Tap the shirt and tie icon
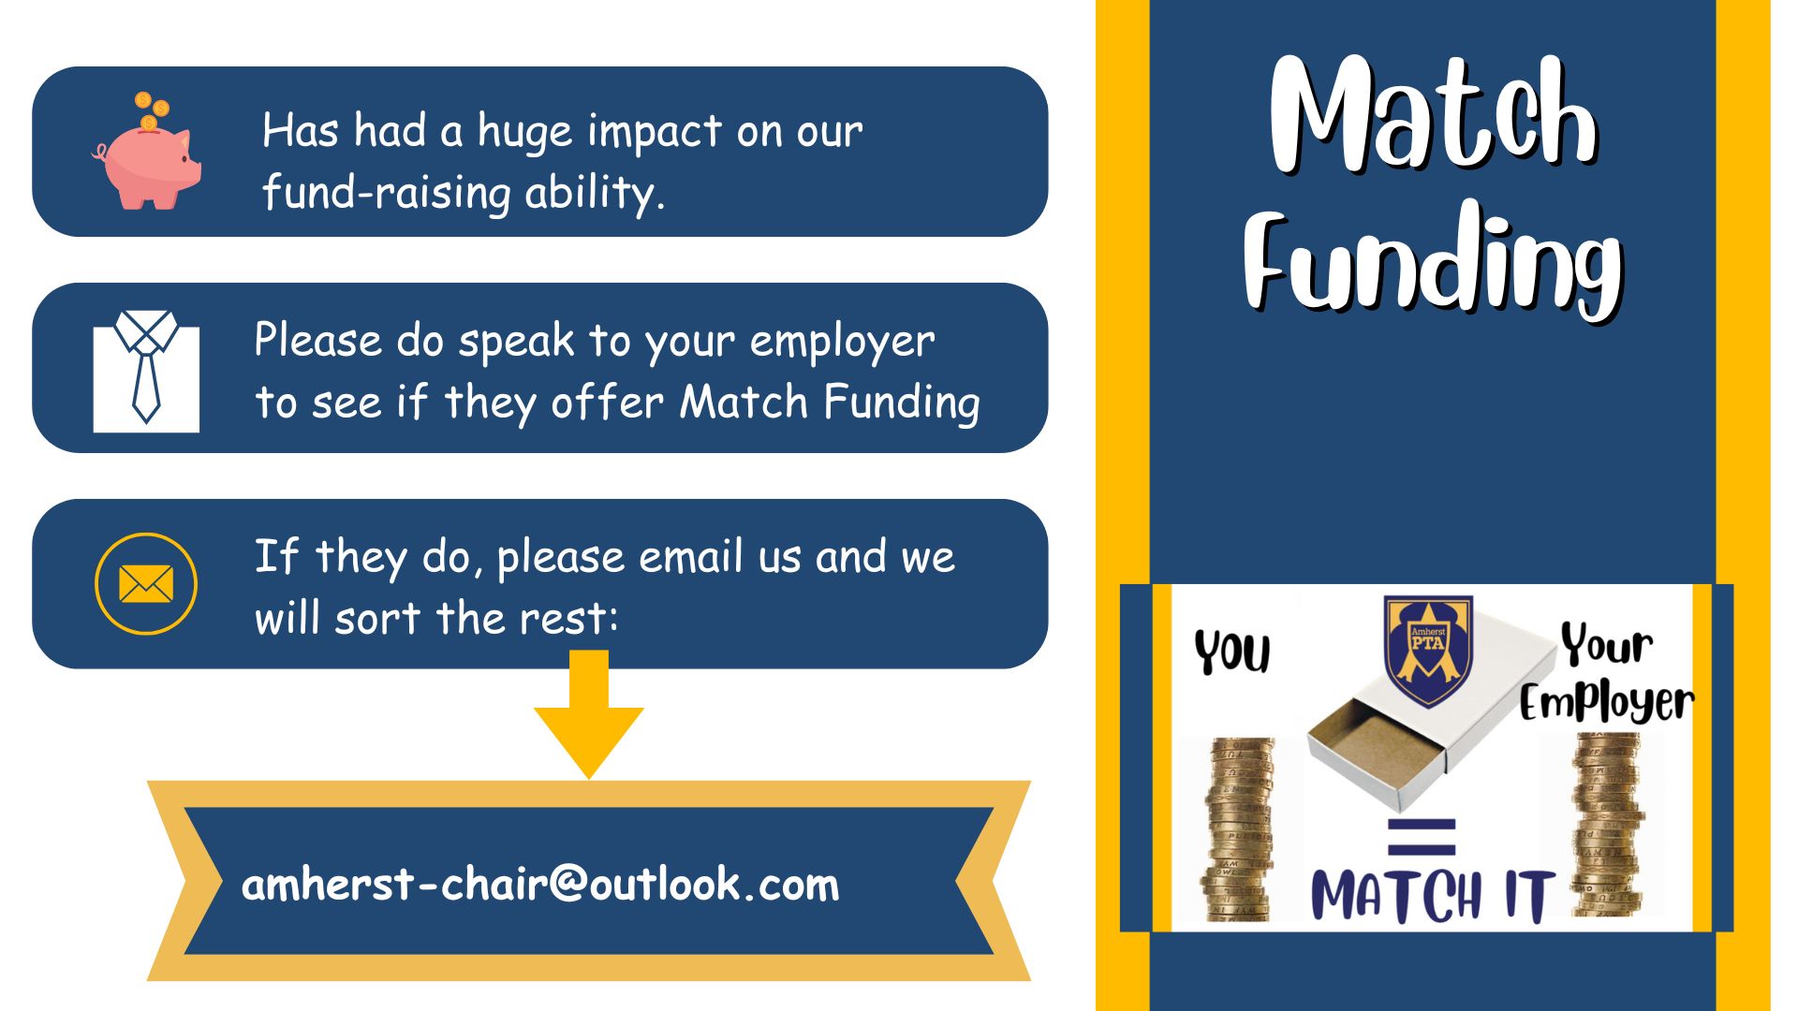146,372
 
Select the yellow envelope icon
146,584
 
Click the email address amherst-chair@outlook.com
540,884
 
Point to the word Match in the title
1434,116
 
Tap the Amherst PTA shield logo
1428,650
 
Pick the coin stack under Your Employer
1607,824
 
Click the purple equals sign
1422,837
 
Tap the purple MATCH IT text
1433,896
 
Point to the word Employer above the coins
1607,703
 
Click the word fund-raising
386,193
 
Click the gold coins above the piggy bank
151,110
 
